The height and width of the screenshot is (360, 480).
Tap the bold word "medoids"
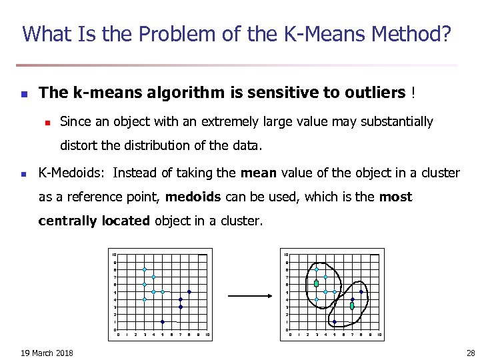[x=190, y=197]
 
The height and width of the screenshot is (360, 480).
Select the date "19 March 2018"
[x=47, y=353]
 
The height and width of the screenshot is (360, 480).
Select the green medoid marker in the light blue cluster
[x=317, y=284]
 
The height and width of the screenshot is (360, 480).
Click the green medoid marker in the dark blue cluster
[x=352, y=306]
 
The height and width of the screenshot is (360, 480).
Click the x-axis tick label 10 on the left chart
[x=207, y=334]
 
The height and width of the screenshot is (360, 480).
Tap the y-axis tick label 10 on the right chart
[x=286, y=255]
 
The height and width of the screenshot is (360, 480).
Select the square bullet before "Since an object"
[x=47, y=122]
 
